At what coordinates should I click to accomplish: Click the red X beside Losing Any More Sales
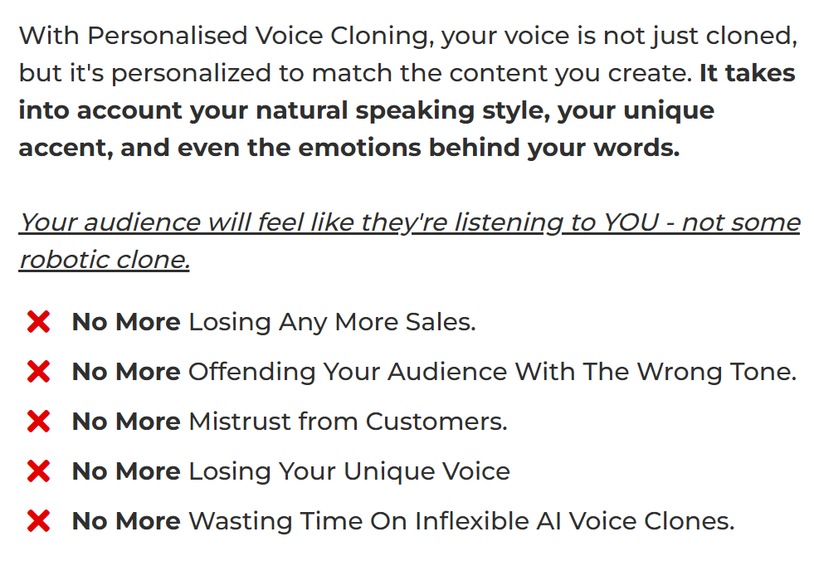click(x=38, y=322)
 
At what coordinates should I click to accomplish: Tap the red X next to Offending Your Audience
click(x=38, y=372)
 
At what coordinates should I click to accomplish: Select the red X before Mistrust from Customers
click(x=38, y=422)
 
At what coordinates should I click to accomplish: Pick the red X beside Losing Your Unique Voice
click(x=38, y=471)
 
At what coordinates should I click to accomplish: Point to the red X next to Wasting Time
click(x=38, y=521)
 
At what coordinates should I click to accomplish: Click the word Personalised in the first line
click(x=167, y=36)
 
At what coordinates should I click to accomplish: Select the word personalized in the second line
click(x=191, y=73)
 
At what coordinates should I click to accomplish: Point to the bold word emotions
click(x=359, y=148)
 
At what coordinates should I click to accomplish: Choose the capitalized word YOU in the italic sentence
click(x=631, y=223)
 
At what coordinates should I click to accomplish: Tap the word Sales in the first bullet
click(x=441, y=322)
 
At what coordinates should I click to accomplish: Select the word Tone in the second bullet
click(x=763, y=372)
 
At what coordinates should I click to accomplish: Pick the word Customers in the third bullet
click(x=436, y=422)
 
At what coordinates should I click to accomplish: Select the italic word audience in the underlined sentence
click(x=142, y=223)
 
